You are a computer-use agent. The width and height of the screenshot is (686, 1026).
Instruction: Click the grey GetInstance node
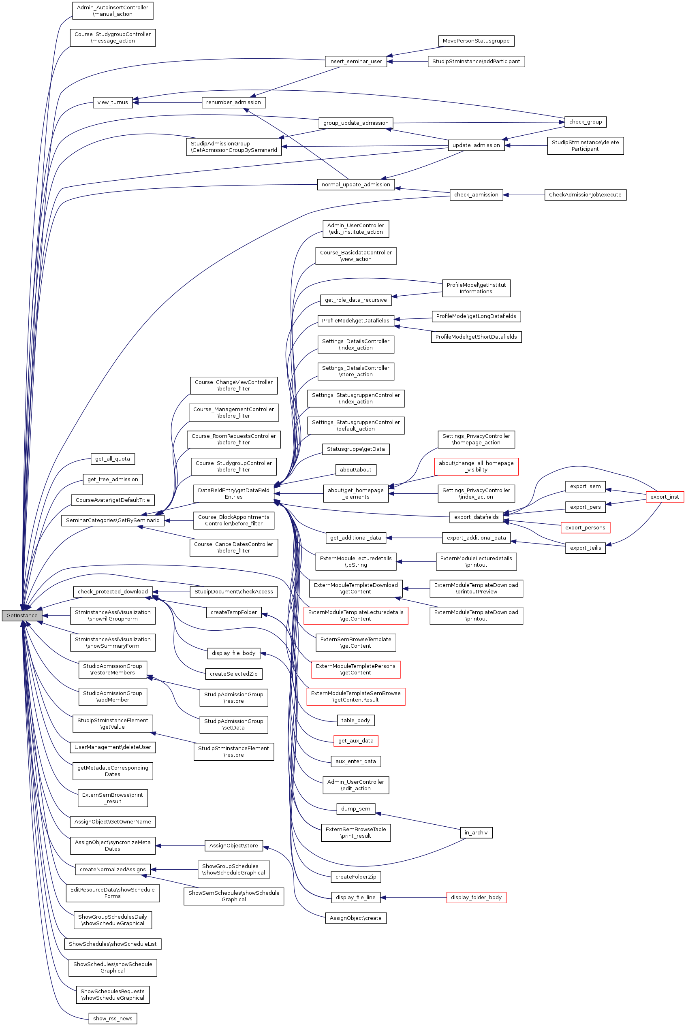pyautogui.click(x=22, y=615)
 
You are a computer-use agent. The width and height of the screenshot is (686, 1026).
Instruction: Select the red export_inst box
pyautogui.click(x=664, y=497)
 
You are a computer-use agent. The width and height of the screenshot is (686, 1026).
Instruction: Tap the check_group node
pyautogui.click(x=585, y=122)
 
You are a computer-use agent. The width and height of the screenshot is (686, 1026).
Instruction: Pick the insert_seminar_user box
pyautogui.click(x=355, y=62)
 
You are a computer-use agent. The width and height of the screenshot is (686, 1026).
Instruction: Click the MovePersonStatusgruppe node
pyautogui.click(x=476, y=41)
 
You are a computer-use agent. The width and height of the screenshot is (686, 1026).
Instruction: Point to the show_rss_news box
pyautogui.click(x=112, y=1019)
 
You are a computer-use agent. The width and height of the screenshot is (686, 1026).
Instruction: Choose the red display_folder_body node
pyautogui.click(x=476, y=898)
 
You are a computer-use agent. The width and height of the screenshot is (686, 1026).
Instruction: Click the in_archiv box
pyautogui.click(x=476, y=833)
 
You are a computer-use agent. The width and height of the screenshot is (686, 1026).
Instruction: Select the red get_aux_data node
pyautogui.click(x=356, y=741)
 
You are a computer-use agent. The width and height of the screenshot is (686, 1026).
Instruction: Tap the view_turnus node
pyautogui.click(x=112, y=102)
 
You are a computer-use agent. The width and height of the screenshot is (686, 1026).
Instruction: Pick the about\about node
pyautogui.click(x=355, y=470)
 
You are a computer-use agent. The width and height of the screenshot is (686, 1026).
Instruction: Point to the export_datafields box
pyautogui.click(x=476, y=517)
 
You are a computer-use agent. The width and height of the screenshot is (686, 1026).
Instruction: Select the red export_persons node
pyautogui.click(x=585, y=528)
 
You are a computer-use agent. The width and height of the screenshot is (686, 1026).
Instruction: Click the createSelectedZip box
pyautogui.click(x=234, y=674)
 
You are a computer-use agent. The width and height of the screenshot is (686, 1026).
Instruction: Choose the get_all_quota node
pyautogui.click(x=112, y=459)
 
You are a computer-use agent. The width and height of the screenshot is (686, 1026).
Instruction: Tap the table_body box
pyautogui.click(x=355, y=720)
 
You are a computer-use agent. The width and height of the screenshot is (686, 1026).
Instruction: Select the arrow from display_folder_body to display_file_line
pyautogui.click(x=413, y=898)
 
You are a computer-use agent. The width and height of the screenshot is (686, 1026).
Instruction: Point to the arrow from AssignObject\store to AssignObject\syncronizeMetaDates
pyautogui.click(x=180, y=846)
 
